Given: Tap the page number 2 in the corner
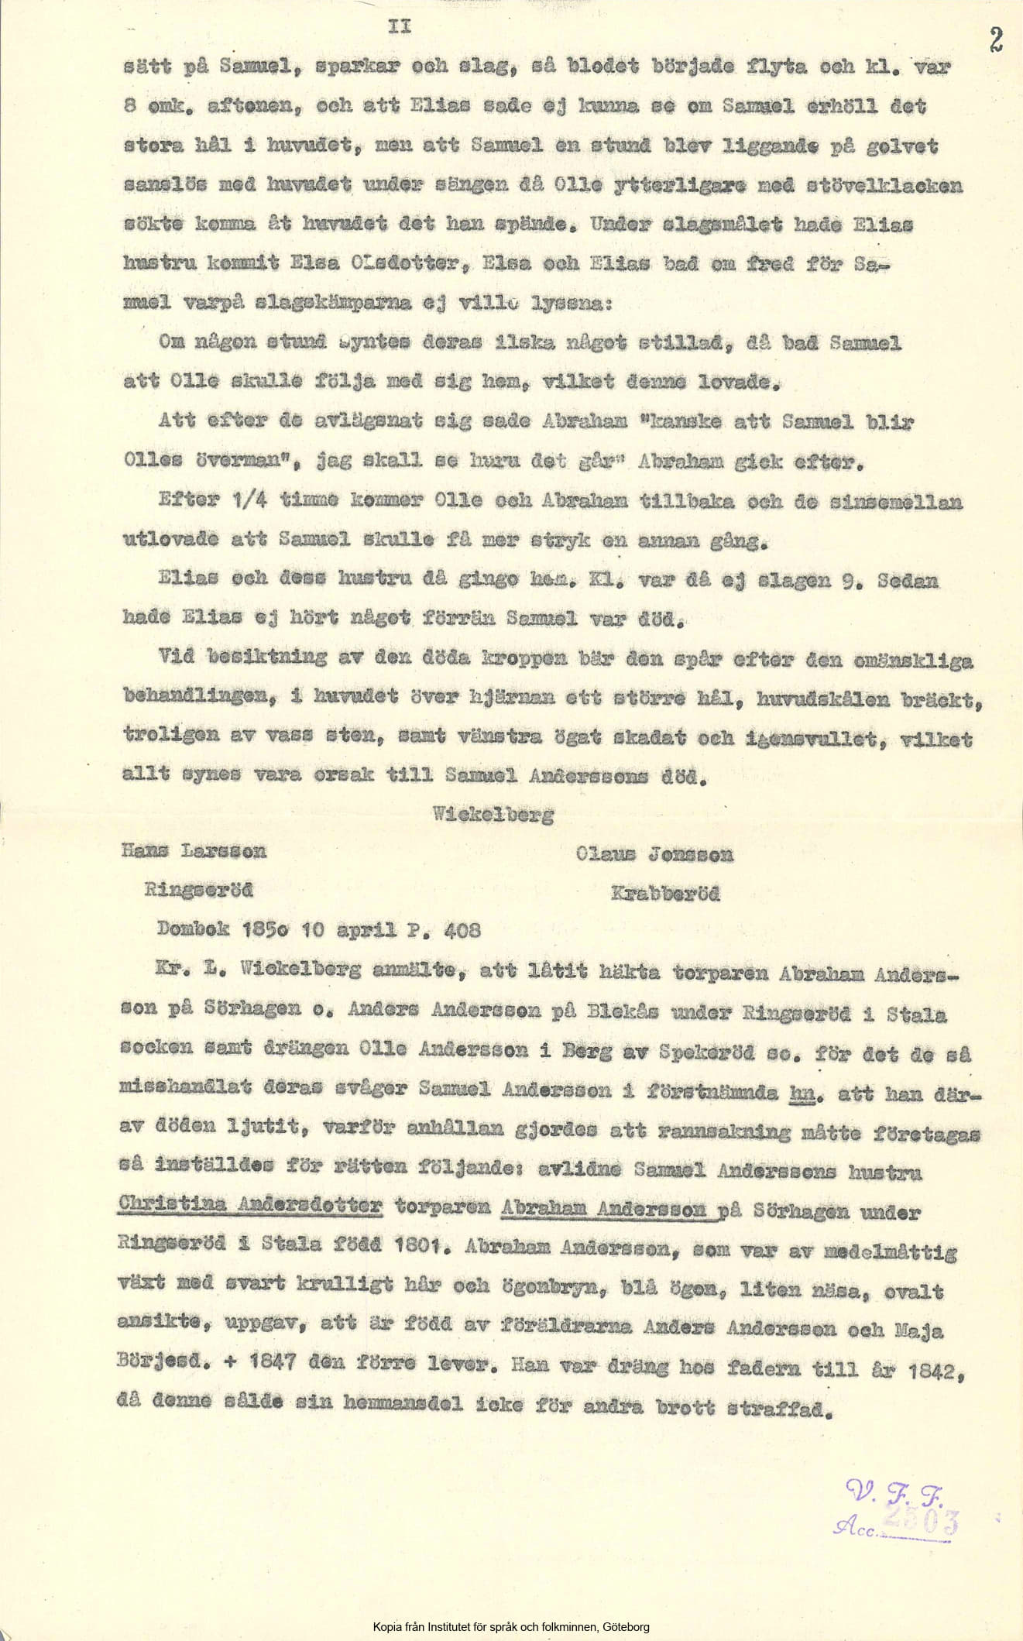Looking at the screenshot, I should point(995,39).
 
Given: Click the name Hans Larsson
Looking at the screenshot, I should point(194,851).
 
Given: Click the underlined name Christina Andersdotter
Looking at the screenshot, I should point(252,1206).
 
